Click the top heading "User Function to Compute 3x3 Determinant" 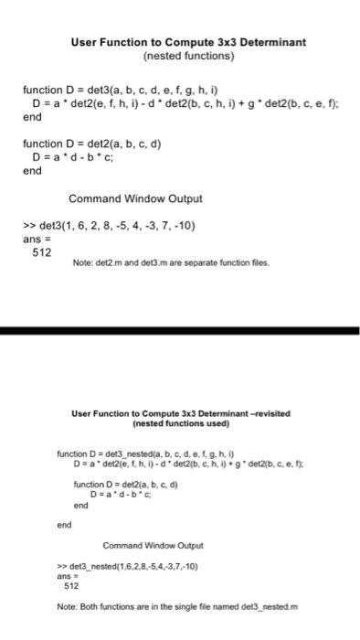(189, 42)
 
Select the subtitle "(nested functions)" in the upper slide (189, 56)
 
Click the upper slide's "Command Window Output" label (135, 198)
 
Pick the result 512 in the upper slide (41, 252)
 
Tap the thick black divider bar (180, 330)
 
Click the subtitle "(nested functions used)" (180, 424)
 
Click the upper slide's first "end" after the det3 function (32, 117)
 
